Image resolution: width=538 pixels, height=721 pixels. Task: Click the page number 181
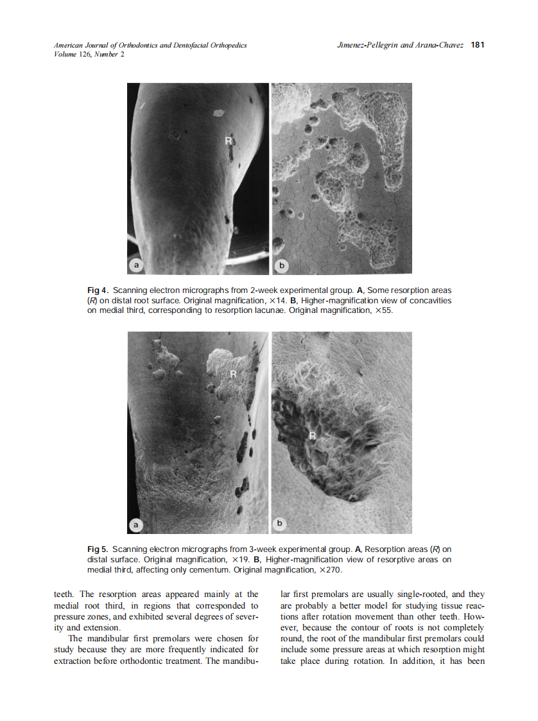477,45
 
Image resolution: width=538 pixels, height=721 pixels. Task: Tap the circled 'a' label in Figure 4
136,265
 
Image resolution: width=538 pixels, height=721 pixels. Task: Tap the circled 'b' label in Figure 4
281,265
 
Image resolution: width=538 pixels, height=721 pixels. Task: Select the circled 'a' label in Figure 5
136,524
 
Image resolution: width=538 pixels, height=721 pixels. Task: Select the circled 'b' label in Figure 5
281,524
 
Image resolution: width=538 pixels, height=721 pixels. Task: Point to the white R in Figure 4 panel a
228,139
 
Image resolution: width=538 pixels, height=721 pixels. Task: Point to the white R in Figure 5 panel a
234,373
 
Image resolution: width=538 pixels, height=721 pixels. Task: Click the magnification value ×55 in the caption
378,310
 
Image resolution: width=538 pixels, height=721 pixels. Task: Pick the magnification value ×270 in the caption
330,570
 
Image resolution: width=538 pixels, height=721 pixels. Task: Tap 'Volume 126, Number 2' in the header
89,55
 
